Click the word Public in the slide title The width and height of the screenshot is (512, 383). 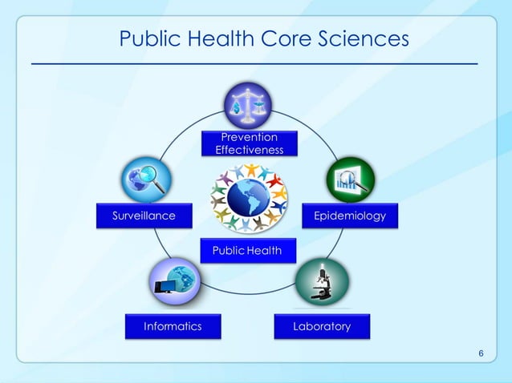150,38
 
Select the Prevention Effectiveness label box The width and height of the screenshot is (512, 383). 249,143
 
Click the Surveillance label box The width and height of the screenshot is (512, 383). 134,216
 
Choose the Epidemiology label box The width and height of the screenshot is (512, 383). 349,216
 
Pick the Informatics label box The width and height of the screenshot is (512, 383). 173,326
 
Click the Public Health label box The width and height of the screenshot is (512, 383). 247,251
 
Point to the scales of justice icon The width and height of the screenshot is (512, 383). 248,105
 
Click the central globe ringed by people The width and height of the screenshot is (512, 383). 248,197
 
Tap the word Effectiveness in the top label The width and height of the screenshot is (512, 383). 249,150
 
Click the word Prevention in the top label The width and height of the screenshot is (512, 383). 249,138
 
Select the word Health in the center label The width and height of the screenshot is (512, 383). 265,251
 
